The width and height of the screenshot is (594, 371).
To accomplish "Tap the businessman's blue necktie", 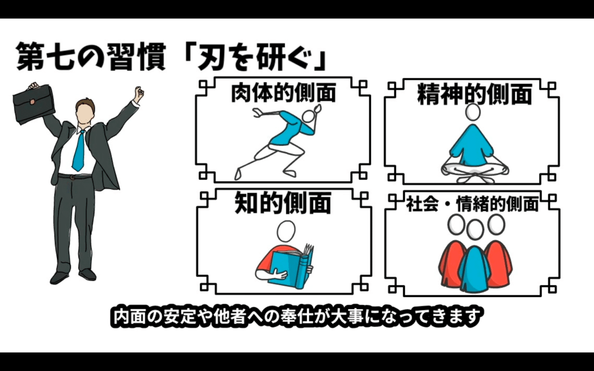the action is coord(78,151).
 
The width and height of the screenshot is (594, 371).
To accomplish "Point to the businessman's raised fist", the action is coord(139,93).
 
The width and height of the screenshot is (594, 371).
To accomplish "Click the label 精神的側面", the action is coord(475,94).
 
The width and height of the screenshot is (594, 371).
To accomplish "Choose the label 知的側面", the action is coord(283,203).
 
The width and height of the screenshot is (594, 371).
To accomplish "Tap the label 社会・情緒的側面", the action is coord(472,204).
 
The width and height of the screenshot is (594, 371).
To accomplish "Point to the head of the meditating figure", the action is coord(473,112).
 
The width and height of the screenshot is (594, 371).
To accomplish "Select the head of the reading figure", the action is coord(286,231).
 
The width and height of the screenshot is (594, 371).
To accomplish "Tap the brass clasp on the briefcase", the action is coord(32,102).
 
